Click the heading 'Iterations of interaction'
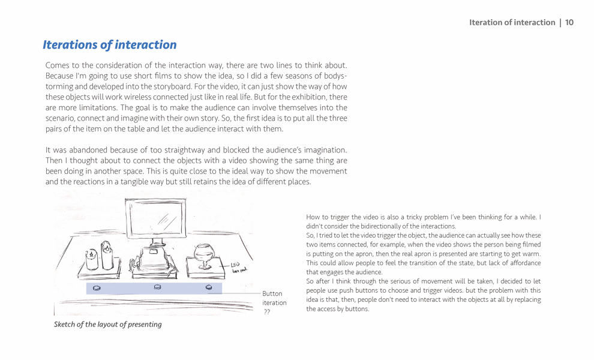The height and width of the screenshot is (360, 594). coord(109,45)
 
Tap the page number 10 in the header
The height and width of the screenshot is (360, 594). coord(569,23)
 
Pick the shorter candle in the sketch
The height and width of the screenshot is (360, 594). coord(92,259)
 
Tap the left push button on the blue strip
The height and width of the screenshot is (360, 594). coord(97,289)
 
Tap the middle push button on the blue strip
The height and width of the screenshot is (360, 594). coord(158,287)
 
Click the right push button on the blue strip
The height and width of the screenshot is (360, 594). coord(209,288)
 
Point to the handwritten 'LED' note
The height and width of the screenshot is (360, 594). coord(236,265)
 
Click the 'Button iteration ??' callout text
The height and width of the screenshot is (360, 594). coord(274,302)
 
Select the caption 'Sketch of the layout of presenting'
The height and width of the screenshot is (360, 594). coord(107,325)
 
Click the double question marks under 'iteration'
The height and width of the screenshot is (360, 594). coord(267,312)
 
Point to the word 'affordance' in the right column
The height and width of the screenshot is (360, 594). coord(523,263)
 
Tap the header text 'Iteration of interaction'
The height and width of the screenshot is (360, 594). coord(512,23)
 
